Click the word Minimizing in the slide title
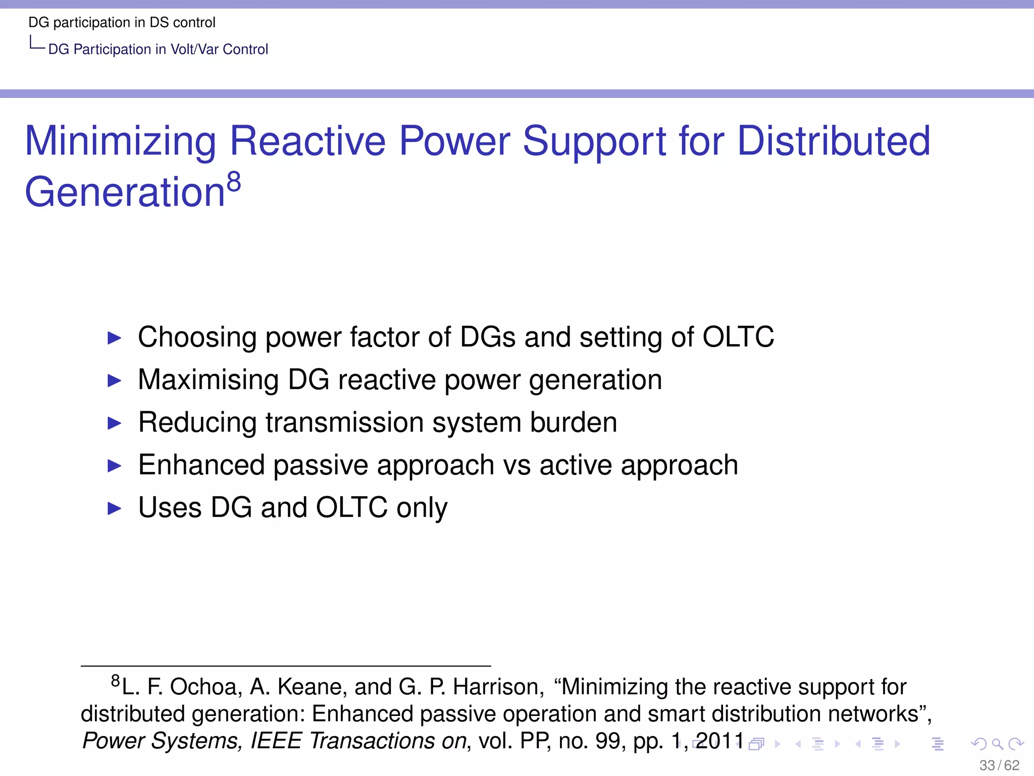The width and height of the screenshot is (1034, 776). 121,141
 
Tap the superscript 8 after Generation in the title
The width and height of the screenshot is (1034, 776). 234,182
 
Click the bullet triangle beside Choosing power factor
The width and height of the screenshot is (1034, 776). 115,337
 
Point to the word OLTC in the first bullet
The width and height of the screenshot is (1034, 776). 738,337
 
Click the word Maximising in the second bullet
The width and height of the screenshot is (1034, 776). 208,380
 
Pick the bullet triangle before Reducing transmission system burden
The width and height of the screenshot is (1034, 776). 115,423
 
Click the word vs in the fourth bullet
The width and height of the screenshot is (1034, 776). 516,465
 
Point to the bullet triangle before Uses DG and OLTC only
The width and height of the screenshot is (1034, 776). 115,508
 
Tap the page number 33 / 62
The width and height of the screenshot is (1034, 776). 999,765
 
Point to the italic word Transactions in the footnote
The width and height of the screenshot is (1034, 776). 372,741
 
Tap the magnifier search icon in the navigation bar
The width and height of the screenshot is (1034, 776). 997,744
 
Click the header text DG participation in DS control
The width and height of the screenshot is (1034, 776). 122,23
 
